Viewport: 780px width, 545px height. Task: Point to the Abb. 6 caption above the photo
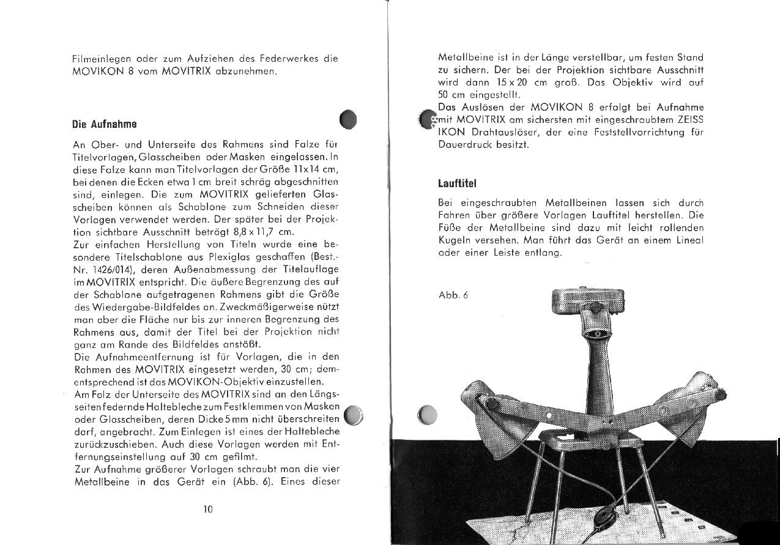[x=453, y=294]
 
